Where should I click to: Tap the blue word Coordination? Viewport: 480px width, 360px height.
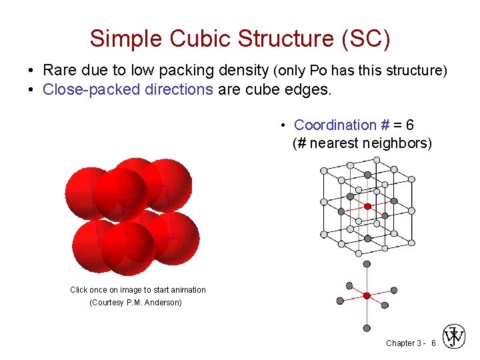click(335, 125)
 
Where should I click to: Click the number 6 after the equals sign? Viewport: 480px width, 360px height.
click(409, 125)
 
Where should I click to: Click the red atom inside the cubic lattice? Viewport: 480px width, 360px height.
click(367, 206)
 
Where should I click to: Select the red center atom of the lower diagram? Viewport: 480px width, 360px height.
click(367, 295)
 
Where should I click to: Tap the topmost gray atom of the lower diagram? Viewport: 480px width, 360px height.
click(367, 264)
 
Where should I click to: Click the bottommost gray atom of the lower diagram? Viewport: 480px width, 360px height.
click(367, 327)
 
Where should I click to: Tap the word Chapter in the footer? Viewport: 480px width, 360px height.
click(401, 343)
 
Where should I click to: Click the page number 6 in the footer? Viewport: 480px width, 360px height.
click(433, 343)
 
